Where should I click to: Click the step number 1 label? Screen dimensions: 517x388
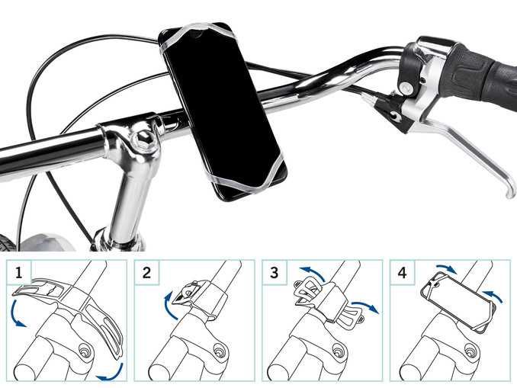(19, 273)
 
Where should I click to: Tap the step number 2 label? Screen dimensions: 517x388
(146, 273)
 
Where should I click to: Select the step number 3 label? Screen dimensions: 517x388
(274, 273)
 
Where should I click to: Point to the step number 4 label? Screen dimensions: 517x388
(403, 273)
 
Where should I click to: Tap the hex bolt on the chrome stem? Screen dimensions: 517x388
(144, 139)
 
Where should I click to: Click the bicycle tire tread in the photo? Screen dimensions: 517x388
(8, 243)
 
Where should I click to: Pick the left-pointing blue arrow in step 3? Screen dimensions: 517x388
(312, 272)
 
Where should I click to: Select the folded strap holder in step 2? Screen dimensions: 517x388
(191, 293)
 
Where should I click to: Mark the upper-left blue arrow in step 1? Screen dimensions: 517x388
(14, 314)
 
